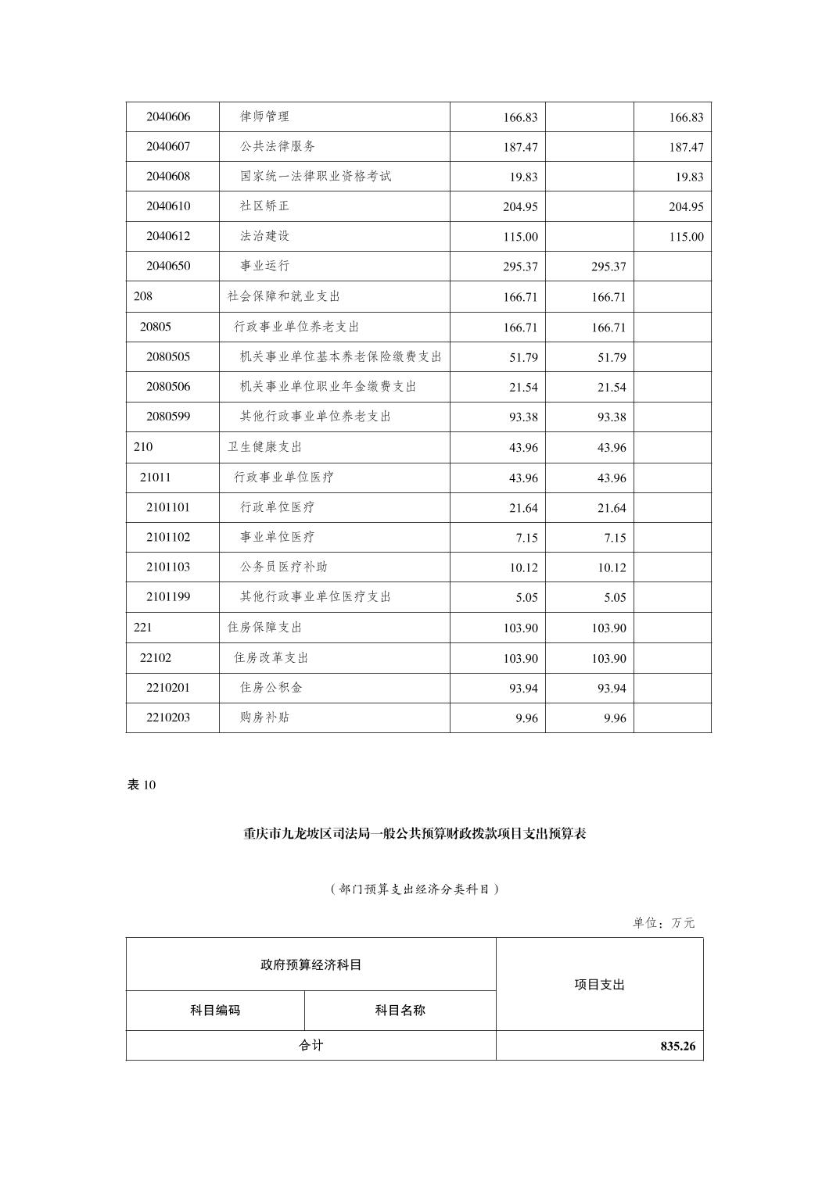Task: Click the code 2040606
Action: click(168, 116)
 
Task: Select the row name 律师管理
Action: click(264, 116)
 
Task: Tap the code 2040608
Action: click(168, 176)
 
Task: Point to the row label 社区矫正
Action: click(264, 206)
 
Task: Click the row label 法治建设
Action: click(264, 235)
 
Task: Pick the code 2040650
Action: click(168, 266)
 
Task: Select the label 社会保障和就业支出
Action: click(283, 296)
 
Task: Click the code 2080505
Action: click(168, 356)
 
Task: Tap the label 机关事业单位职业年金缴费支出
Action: click(328, 386)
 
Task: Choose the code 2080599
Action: click(168, 416)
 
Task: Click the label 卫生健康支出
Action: click(264, 447)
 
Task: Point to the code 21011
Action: click(155, 477)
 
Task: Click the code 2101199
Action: click(168, 596)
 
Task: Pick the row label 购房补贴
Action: click(264, 717)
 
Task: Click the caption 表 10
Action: click(142, 785)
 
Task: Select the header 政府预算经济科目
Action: click(311, 964)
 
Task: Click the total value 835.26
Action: click(677, 1047)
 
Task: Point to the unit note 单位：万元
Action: click(663, 923)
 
